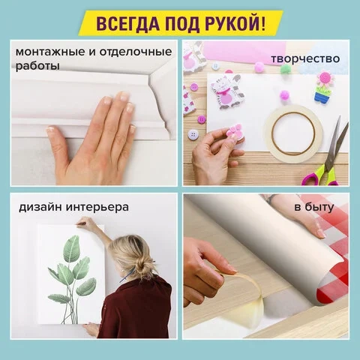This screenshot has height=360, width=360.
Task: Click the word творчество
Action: click(305, 59)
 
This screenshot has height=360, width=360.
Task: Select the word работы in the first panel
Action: click(37, 67)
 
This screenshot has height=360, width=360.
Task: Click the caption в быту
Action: click(314, 207)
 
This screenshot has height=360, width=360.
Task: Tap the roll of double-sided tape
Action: click(293, 133)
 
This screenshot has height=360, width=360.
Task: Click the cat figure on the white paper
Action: click(226, 91)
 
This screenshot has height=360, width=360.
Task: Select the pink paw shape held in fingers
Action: click(235, 131)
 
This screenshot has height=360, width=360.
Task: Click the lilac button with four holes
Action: click(193, 134)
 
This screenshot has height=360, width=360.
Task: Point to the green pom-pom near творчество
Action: click(285, 69)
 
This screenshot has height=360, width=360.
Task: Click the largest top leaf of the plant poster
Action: click(72, 248)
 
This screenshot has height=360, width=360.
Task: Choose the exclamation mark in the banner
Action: click(262, 24)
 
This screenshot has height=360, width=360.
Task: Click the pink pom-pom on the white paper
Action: click(284, 95)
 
